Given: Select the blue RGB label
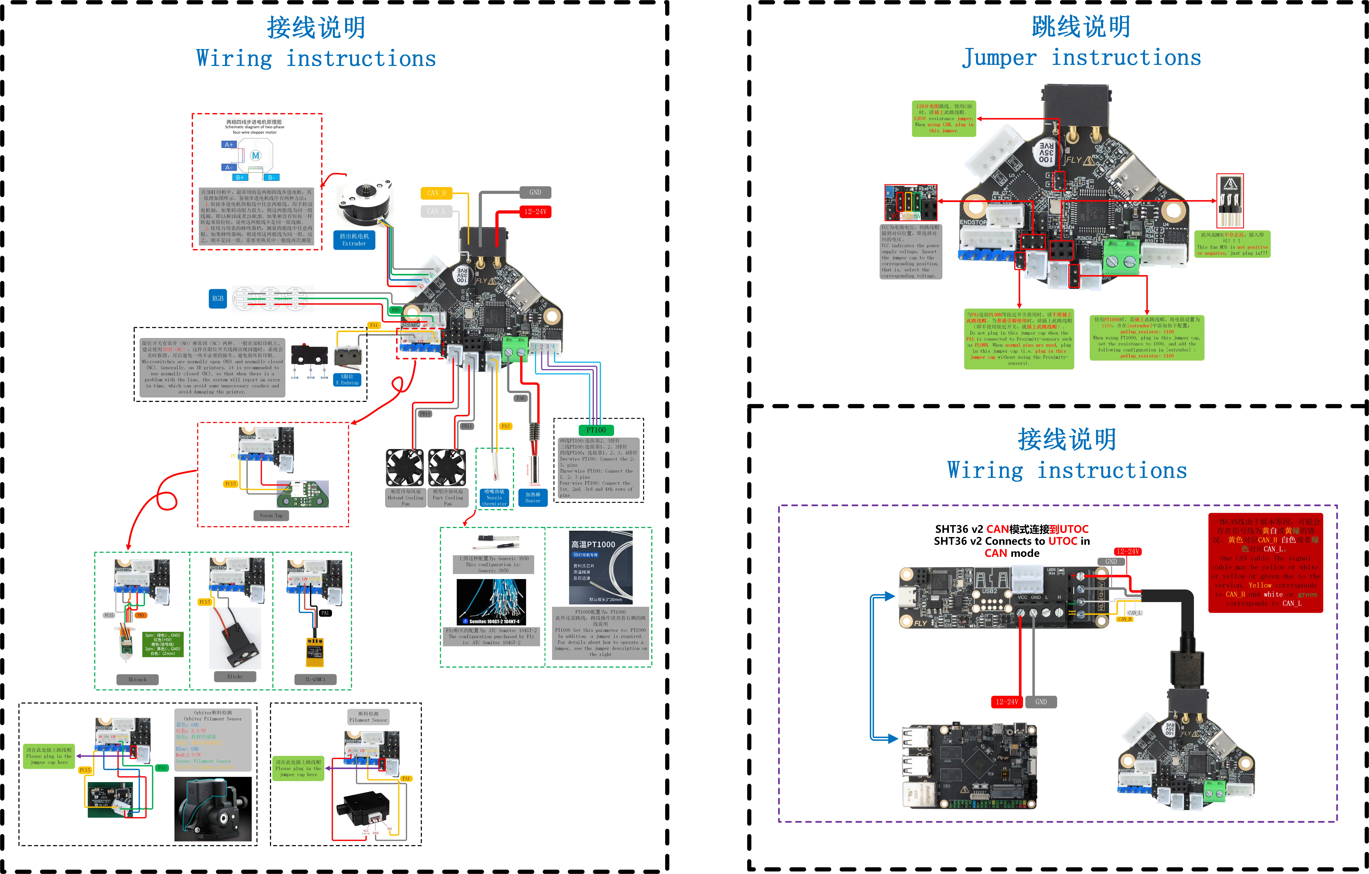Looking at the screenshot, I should pos(218,298).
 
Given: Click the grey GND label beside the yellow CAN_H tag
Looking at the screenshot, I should pos(535,192).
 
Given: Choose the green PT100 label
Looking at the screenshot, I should pos(596,430).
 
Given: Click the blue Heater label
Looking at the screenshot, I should pos(533,498).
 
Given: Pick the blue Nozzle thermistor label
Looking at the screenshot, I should pos(494,498).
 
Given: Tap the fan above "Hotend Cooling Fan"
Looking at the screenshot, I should pos(405,467).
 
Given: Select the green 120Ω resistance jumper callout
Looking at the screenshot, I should pos(944,118).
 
